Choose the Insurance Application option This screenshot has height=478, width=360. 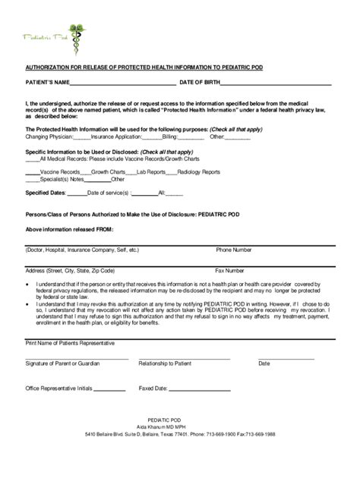115,137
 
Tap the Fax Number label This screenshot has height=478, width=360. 230,270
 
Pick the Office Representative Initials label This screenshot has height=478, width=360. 59,388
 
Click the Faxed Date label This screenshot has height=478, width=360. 153,388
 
